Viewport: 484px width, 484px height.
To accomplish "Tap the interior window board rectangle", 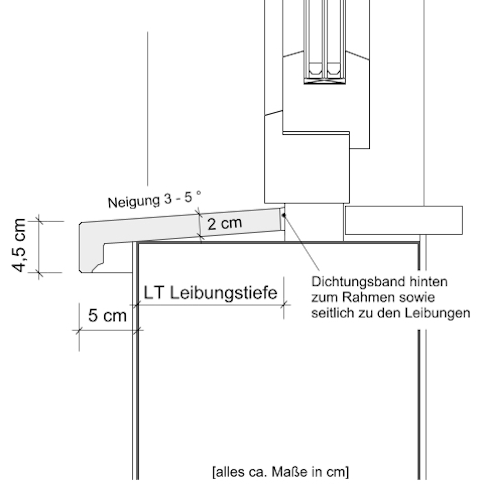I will (403, 220).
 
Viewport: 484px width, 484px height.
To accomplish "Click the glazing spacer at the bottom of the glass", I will (325, 81).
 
